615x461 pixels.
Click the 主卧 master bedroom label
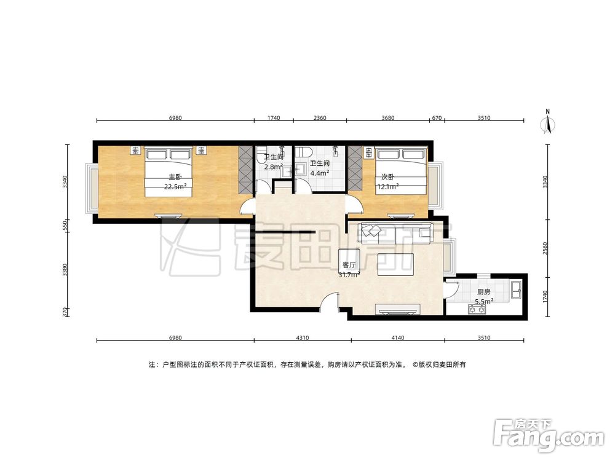point(175,177)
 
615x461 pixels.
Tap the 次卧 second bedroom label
point(387,177)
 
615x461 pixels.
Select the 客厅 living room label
point(349,266)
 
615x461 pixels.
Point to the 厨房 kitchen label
point(483,292)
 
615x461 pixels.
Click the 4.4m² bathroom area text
point(319,172)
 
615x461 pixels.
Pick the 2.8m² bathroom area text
point(274,166)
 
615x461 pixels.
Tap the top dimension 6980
point(175,117)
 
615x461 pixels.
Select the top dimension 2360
point(320,117)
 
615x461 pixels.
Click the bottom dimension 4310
point(303,337)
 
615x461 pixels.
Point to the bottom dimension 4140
point(398,337)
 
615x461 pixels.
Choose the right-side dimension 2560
point(544,248)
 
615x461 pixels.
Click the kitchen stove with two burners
point(477,310)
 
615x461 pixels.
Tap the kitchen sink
point(516,290)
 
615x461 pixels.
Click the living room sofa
point(395,232)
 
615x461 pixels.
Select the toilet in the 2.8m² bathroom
point(261,156)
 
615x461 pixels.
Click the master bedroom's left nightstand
point(135,150)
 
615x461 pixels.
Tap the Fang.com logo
point(549,436)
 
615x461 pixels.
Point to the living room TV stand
point(398,310)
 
